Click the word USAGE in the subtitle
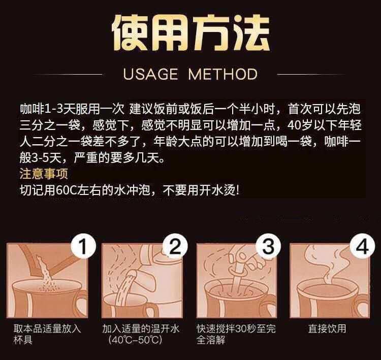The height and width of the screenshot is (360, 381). point(150,74)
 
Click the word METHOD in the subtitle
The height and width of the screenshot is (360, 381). point(223,74)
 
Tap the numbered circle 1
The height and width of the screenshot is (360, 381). point(83,247)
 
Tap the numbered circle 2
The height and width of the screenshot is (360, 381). point(175,246)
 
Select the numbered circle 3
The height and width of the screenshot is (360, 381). point(268,246)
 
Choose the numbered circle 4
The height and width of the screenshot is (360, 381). point(362,246)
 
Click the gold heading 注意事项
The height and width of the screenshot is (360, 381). point(44,174)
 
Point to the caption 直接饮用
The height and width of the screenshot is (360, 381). point(327,329)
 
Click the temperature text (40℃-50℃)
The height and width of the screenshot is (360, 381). point(135,340)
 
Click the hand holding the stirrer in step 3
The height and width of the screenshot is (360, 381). point(245,257)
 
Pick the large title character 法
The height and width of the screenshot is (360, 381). point(251,32)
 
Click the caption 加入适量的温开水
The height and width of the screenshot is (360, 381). point(141,329)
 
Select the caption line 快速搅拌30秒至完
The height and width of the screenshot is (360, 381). point(236,329)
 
